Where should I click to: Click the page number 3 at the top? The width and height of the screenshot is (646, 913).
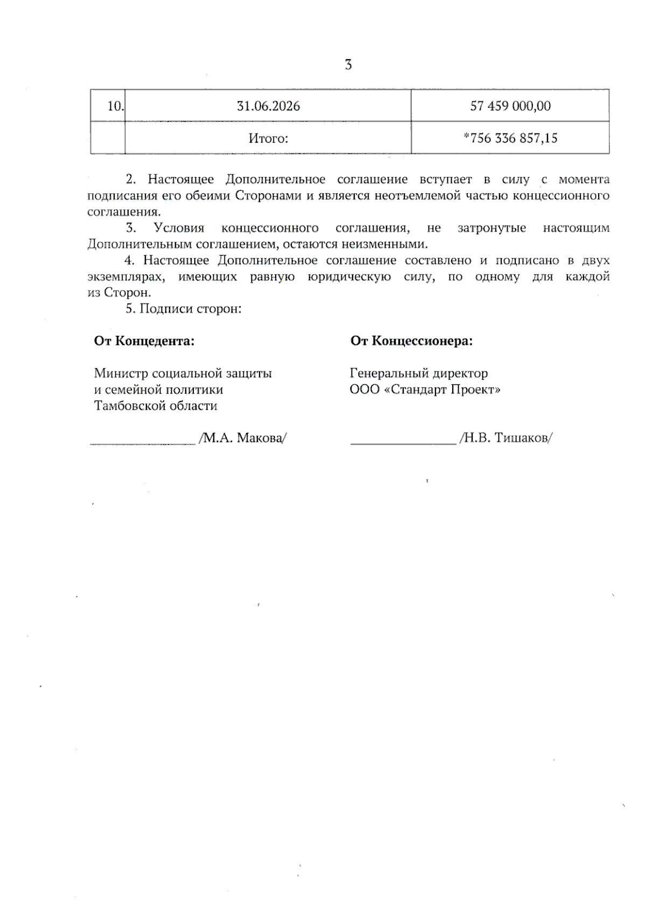pos(348,65)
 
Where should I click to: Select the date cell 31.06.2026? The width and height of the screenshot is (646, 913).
pos(268,106)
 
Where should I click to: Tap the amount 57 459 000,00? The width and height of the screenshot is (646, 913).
pos(510,106)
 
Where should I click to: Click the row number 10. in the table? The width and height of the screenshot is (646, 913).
pos(115,106)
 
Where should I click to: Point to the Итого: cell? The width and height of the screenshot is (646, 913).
pos(268,138)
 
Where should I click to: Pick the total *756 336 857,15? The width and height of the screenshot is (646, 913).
pos(510,138)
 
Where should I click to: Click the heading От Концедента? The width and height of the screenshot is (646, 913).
pos(144,341)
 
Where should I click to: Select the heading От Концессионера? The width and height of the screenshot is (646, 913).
pos(411,341)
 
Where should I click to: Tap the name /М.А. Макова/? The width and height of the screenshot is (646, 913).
pos(242,438)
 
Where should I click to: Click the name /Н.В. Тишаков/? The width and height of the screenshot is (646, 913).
pos(505,438)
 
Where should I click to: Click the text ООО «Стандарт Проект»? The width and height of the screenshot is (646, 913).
pos(425,389)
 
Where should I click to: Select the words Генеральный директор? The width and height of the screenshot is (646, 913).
pos(419,373)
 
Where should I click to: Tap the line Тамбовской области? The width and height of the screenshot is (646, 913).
pos(156,405)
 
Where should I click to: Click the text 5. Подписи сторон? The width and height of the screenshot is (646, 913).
pos(184,308)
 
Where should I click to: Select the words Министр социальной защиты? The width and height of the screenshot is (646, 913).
pos(182,373)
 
